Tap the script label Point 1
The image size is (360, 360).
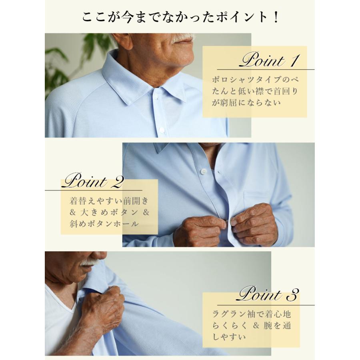(268, 61)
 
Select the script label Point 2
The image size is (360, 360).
(92, 181)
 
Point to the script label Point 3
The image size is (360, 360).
(268, 294)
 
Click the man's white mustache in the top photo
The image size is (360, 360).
(182, 38)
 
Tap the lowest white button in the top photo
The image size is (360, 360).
(162, 130)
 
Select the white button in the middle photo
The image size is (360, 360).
(203, 171)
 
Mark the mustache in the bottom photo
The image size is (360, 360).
(89, 262)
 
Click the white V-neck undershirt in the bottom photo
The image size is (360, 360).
(60, 316)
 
